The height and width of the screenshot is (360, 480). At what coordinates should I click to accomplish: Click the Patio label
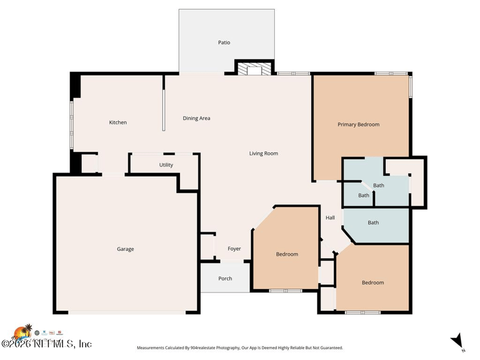point(224,43)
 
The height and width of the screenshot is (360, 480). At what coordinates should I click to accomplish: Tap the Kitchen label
point(118,122)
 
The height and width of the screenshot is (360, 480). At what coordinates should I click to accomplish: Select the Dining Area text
point(196,118)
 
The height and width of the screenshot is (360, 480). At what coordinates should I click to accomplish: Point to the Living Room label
point(263,154)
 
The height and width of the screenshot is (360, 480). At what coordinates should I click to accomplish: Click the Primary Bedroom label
point(358,125)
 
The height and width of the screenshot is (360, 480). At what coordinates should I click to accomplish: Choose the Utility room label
point(166,165)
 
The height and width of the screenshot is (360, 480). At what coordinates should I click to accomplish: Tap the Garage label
point(125,249)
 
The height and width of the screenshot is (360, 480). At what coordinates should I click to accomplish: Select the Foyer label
point(234,249)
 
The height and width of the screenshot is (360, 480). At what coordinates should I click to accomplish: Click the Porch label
point(225,278)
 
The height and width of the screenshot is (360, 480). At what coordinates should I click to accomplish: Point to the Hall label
point(330,218)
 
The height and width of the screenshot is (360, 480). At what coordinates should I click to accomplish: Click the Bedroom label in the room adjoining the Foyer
point(287,254)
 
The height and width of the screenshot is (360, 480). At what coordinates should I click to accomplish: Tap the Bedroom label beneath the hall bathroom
point(373,283)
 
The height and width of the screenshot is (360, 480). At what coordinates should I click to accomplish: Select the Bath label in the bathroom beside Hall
point(373,223)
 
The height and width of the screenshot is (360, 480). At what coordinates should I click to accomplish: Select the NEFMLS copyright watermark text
point(46,344)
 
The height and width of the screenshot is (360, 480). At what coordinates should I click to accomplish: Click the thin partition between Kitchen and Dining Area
point(163,110)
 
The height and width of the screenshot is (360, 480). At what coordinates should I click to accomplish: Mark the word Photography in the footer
point(225,348)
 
